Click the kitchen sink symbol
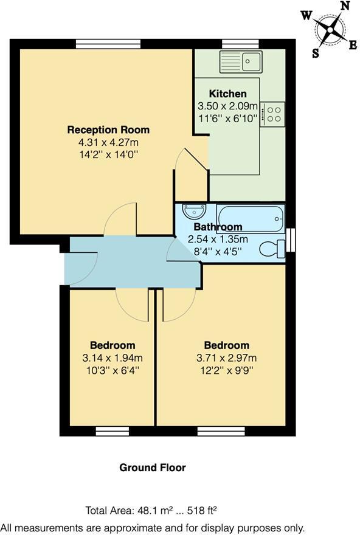pyautogui.click(x=241, y=61)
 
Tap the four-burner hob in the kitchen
pyautogui.click(x=274, y=114)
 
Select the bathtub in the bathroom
pyautogui.click(x=250, y=218)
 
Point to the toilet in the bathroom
pyautogui.click(x=271, y=248)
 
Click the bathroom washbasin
pyautogui.click(x=194, y=211)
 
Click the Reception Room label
pyautogui.click(x=108, y=129)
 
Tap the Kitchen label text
pyautogui.click(x=228, y=94)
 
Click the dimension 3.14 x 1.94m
pyautogui.click(x=112, y=357)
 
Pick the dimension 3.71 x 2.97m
pyautogui.click(x=226, y=357)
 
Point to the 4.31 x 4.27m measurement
pyautogui.click(x=108, y=142)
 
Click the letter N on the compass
pyautogui.click(x=344, y=6)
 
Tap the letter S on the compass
pyautogui.click(x=316, y=53)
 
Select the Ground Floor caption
pyautogui.click(x=152, y=468)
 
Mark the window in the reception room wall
pyautogui.click(x=108, y=44)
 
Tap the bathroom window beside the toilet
pyautogui.click(x=291, y=240)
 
